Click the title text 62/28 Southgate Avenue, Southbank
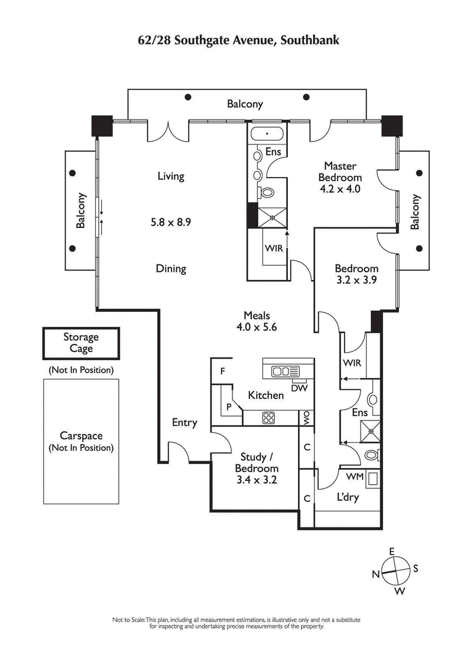coord(237,40)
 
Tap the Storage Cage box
coord(81,343)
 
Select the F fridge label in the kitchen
coord(222,372)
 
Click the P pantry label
coord(228,408)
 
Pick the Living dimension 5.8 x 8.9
coord(171,223)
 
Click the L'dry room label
coord(348,497)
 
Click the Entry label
coord(184,423)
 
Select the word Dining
coord(171,269)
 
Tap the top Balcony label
coord(245,104)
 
